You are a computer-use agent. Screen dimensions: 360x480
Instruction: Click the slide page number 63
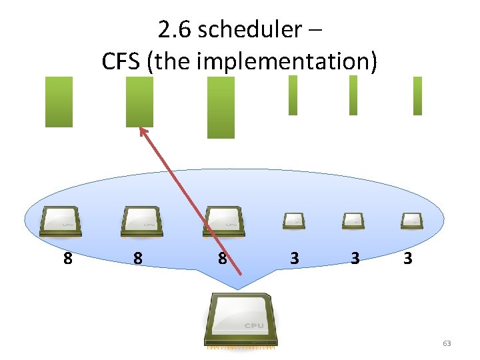click(447, 343)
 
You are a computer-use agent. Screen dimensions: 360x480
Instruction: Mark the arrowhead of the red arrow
click(142, 130)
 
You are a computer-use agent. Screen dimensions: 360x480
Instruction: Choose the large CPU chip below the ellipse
click(241, 320)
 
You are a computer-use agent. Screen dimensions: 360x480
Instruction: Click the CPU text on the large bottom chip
click(253, 325)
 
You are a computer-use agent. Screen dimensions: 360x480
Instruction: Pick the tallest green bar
click(221, 107)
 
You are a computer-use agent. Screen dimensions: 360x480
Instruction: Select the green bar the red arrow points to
click(139, 101)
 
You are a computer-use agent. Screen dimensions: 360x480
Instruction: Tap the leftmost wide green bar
click(59, 101)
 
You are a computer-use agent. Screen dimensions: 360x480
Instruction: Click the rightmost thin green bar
click(417, 96)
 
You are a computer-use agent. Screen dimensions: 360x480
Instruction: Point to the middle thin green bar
click(353, 95)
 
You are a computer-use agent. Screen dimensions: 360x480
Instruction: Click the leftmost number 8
click(67, 258)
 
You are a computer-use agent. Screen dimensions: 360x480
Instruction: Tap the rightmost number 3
click(407, 258)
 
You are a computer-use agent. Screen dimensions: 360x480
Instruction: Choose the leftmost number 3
click(295, 258)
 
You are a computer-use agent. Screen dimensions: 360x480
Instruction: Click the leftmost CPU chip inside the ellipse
click(61, 221)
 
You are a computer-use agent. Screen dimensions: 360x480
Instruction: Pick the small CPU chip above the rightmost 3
click(411, 220)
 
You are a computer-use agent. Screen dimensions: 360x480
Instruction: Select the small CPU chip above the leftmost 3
click(293, 220)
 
